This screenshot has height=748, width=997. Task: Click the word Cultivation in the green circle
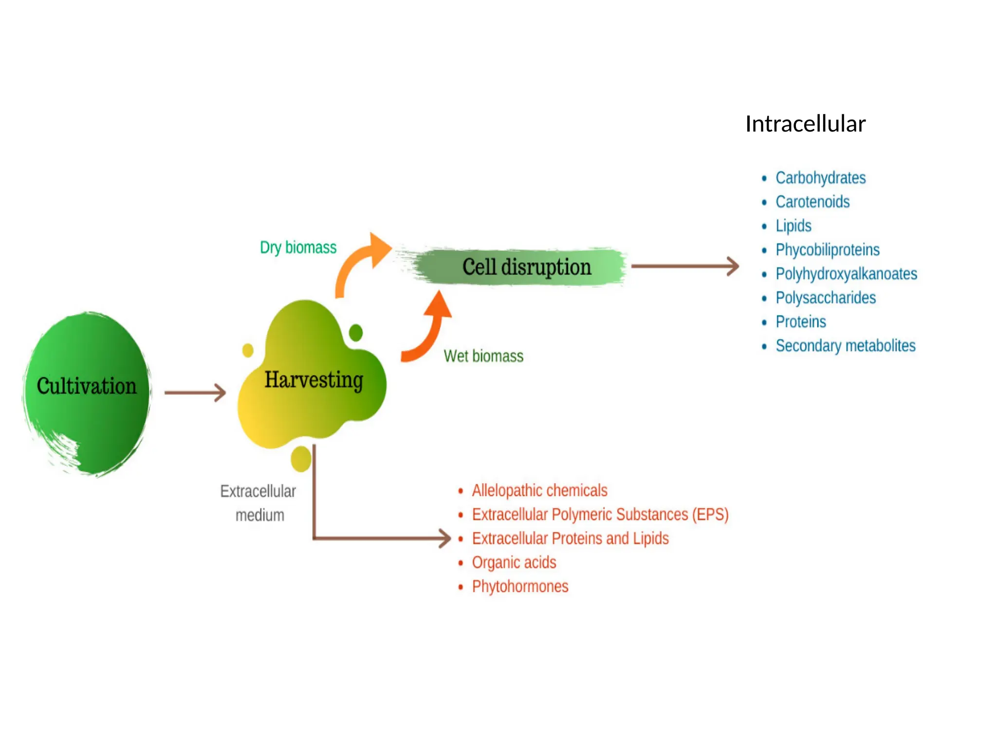pyautogui.click(x=87, y=386)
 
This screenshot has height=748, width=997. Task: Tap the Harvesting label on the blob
pyautogui.click(x=314, y=380)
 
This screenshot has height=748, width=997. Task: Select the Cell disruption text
pyautogui.click(x=526, y=267)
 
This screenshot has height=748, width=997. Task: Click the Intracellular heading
pyautogui.click(x=805, y=124)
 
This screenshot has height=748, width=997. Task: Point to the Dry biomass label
pyautogui.click(x=298, y=247)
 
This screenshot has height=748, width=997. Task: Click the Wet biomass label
pyautogui.click(x=483, y=356)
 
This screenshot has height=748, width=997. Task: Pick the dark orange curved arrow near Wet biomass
pyautogui.click(x=428, y=331)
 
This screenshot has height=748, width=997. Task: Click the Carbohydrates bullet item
pyautogui.click(x=820, y=178)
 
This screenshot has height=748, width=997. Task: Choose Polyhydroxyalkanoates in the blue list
pyautogui.click(x=846, y=274)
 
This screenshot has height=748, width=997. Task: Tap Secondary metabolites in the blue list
pyautogui.click(x=845, y=346)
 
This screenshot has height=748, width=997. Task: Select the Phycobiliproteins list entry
pyautogui.click(x=827, y=250)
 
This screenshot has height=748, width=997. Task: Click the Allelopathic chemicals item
pyautogui.click(x=539, y=490)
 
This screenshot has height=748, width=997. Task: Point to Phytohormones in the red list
pyautogui.click(x=520, y=586)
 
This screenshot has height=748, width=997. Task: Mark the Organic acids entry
pyautogui.click(x=514, y=562)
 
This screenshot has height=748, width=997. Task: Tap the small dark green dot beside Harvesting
pyautogui.click(x=356, y=333)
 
